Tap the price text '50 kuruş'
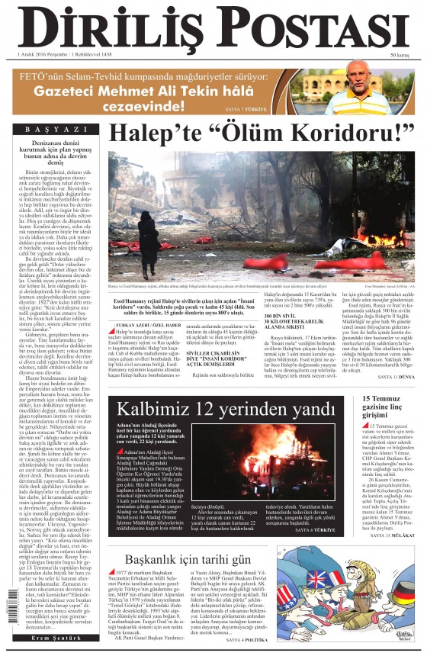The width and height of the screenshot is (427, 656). (400, 56)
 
